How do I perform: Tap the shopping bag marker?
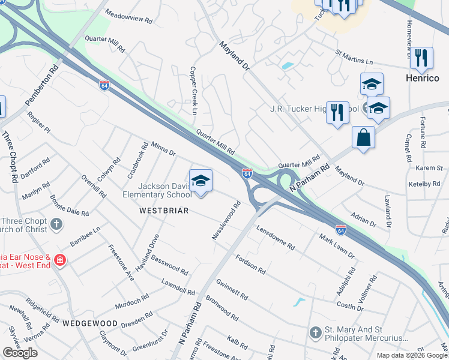(363, 138)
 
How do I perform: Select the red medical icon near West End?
(59, 260)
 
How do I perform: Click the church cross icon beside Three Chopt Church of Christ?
(56, 224)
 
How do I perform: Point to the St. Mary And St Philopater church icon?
(316, 332)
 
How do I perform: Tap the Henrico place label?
(422, 78)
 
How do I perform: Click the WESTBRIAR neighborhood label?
(164, 211)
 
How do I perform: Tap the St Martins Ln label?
(354, 58)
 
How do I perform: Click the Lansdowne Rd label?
(276, 238)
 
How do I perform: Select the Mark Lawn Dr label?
(337, 247)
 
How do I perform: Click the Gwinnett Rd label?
(232, 290)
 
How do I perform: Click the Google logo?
(20, 353)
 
